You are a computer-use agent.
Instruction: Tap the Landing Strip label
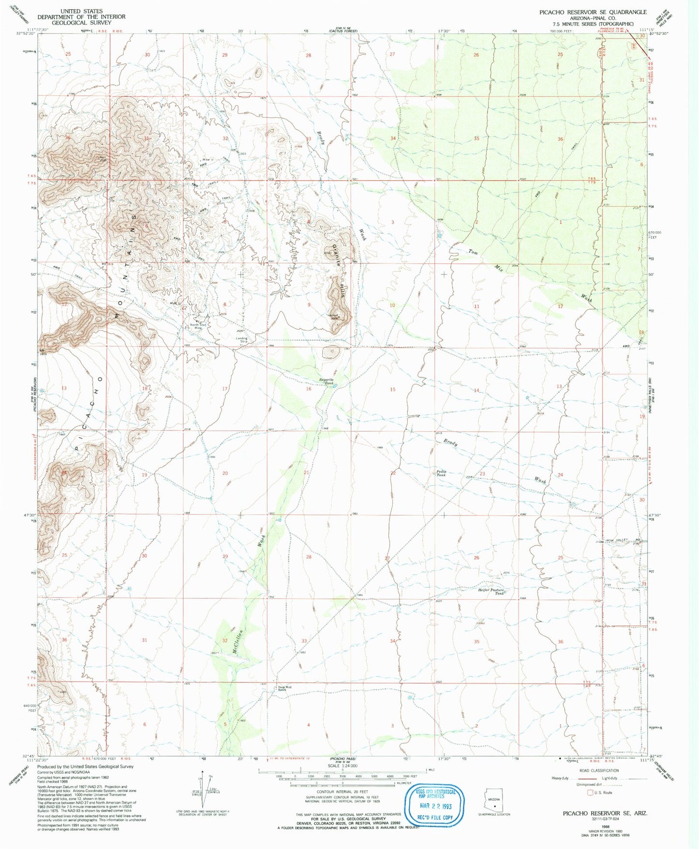(x=241, y=340)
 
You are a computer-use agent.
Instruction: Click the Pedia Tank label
(x=441, y=473)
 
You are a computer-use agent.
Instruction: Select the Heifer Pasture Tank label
(x=491, y=591)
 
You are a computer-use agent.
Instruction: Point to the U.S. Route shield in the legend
(x=591, y=792)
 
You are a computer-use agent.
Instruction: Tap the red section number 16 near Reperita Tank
(x=308, y=389)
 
